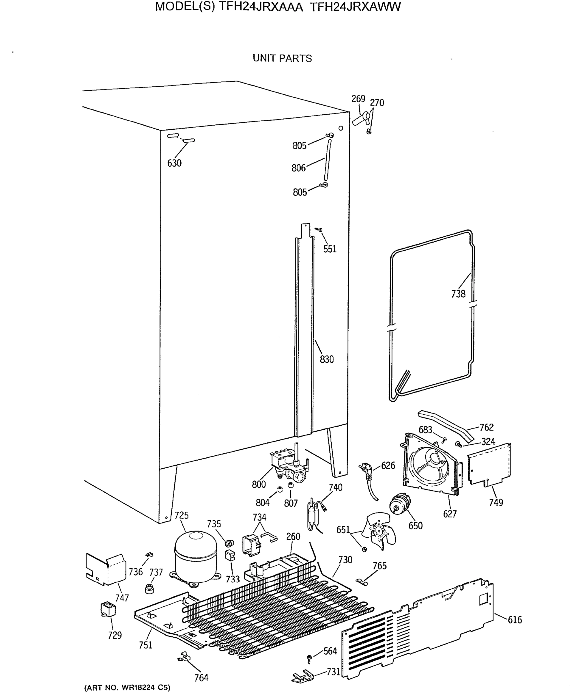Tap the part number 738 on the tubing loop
[458, 294]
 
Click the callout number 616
[515, 620]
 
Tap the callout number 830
[327, 359]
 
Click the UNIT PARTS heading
[282, 58]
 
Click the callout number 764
[201, 678]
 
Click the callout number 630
[174, 163]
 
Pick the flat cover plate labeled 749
[489, 464]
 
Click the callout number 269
[358, 99]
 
